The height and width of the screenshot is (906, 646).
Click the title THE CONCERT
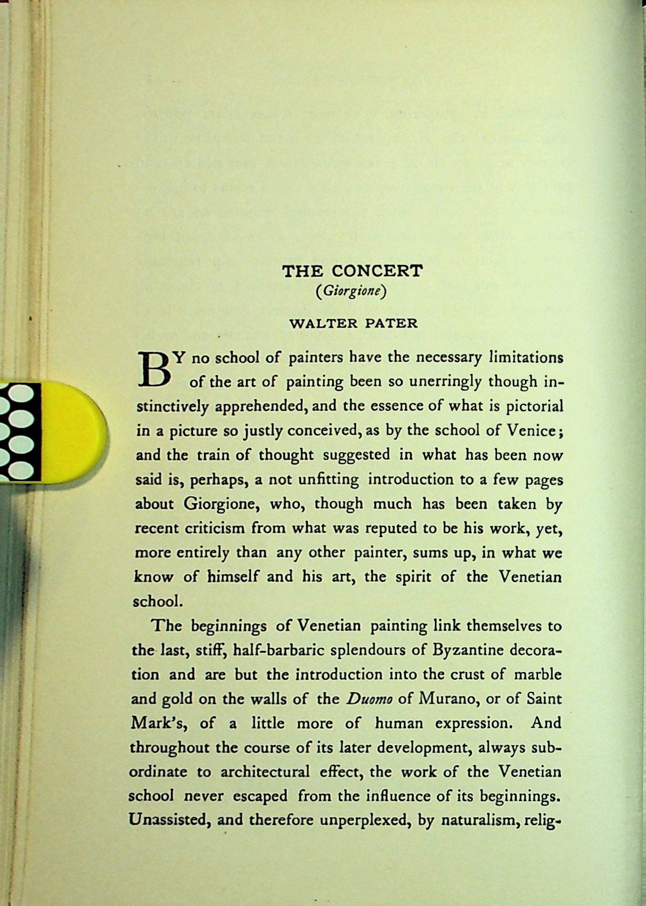[x=352, y=271]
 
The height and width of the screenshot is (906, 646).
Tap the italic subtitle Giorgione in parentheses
[x=351, y=291]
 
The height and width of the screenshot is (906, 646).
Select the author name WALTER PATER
[x=353, y=323]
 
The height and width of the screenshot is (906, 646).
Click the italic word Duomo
[x=369, y=699]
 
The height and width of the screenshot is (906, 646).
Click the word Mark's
[x=158, y=724]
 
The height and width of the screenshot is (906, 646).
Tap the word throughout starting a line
[x=169, y=748]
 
